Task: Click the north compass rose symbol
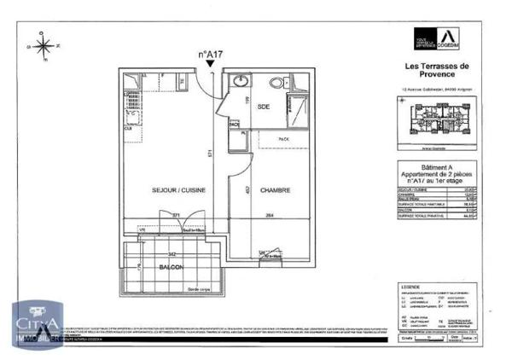pos(39,40)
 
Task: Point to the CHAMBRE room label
pos(271,190)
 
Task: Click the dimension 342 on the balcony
pos(172,254)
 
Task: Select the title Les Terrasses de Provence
pos(437,73)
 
